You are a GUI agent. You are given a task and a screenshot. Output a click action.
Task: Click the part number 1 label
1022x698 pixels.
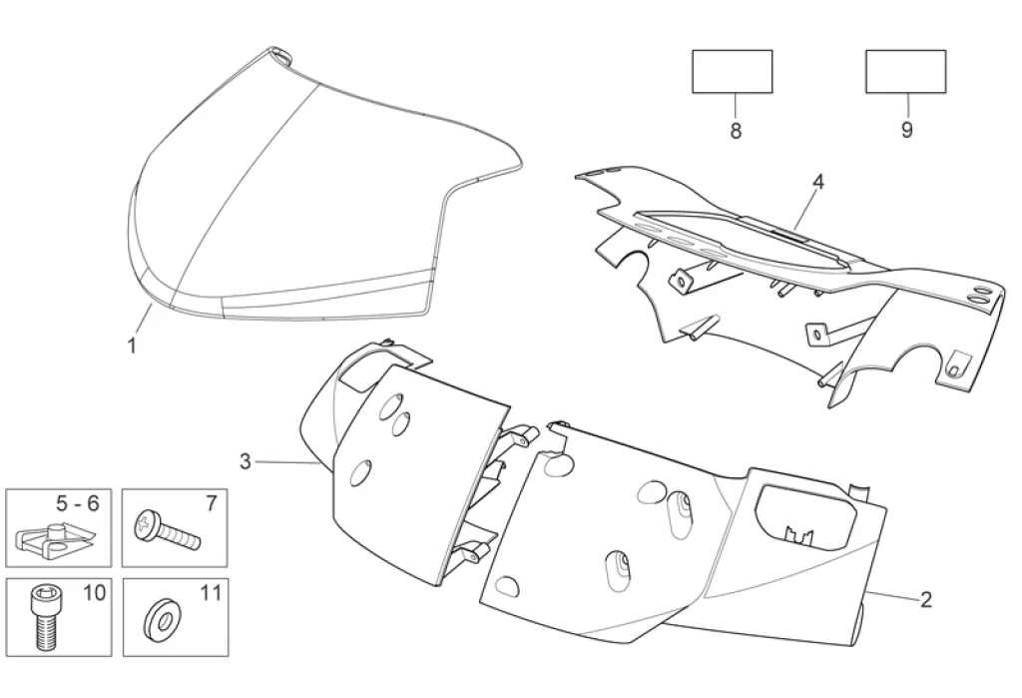tap(131, 346)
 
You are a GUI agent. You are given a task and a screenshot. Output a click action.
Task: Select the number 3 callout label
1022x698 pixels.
tap(246, 460)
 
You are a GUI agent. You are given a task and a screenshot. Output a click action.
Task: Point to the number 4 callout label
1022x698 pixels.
tap(818, 182)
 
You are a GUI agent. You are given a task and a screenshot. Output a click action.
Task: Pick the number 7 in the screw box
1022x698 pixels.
tap(211, 504)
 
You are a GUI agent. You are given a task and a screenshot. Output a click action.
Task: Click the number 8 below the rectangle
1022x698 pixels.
tap(736, 132)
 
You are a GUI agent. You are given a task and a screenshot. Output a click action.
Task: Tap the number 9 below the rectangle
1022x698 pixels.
tap(907, 132)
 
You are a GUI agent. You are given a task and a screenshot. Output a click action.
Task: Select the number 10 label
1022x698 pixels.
tap(95, 593)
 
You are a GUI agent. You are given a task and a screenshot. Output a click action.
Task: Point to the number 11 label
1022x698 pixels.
tap(210, 593)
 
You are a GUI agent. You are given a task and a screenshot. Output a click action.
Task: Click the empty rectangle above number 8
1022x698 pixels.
tap(733, 71)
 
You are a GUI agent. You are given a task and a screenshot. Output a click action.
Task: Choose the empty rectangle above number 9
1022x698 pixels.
tap(905, 71)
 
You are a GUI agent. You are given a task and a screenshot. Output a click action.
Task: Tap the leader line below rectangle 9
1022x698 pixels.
tap(907, 106)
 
